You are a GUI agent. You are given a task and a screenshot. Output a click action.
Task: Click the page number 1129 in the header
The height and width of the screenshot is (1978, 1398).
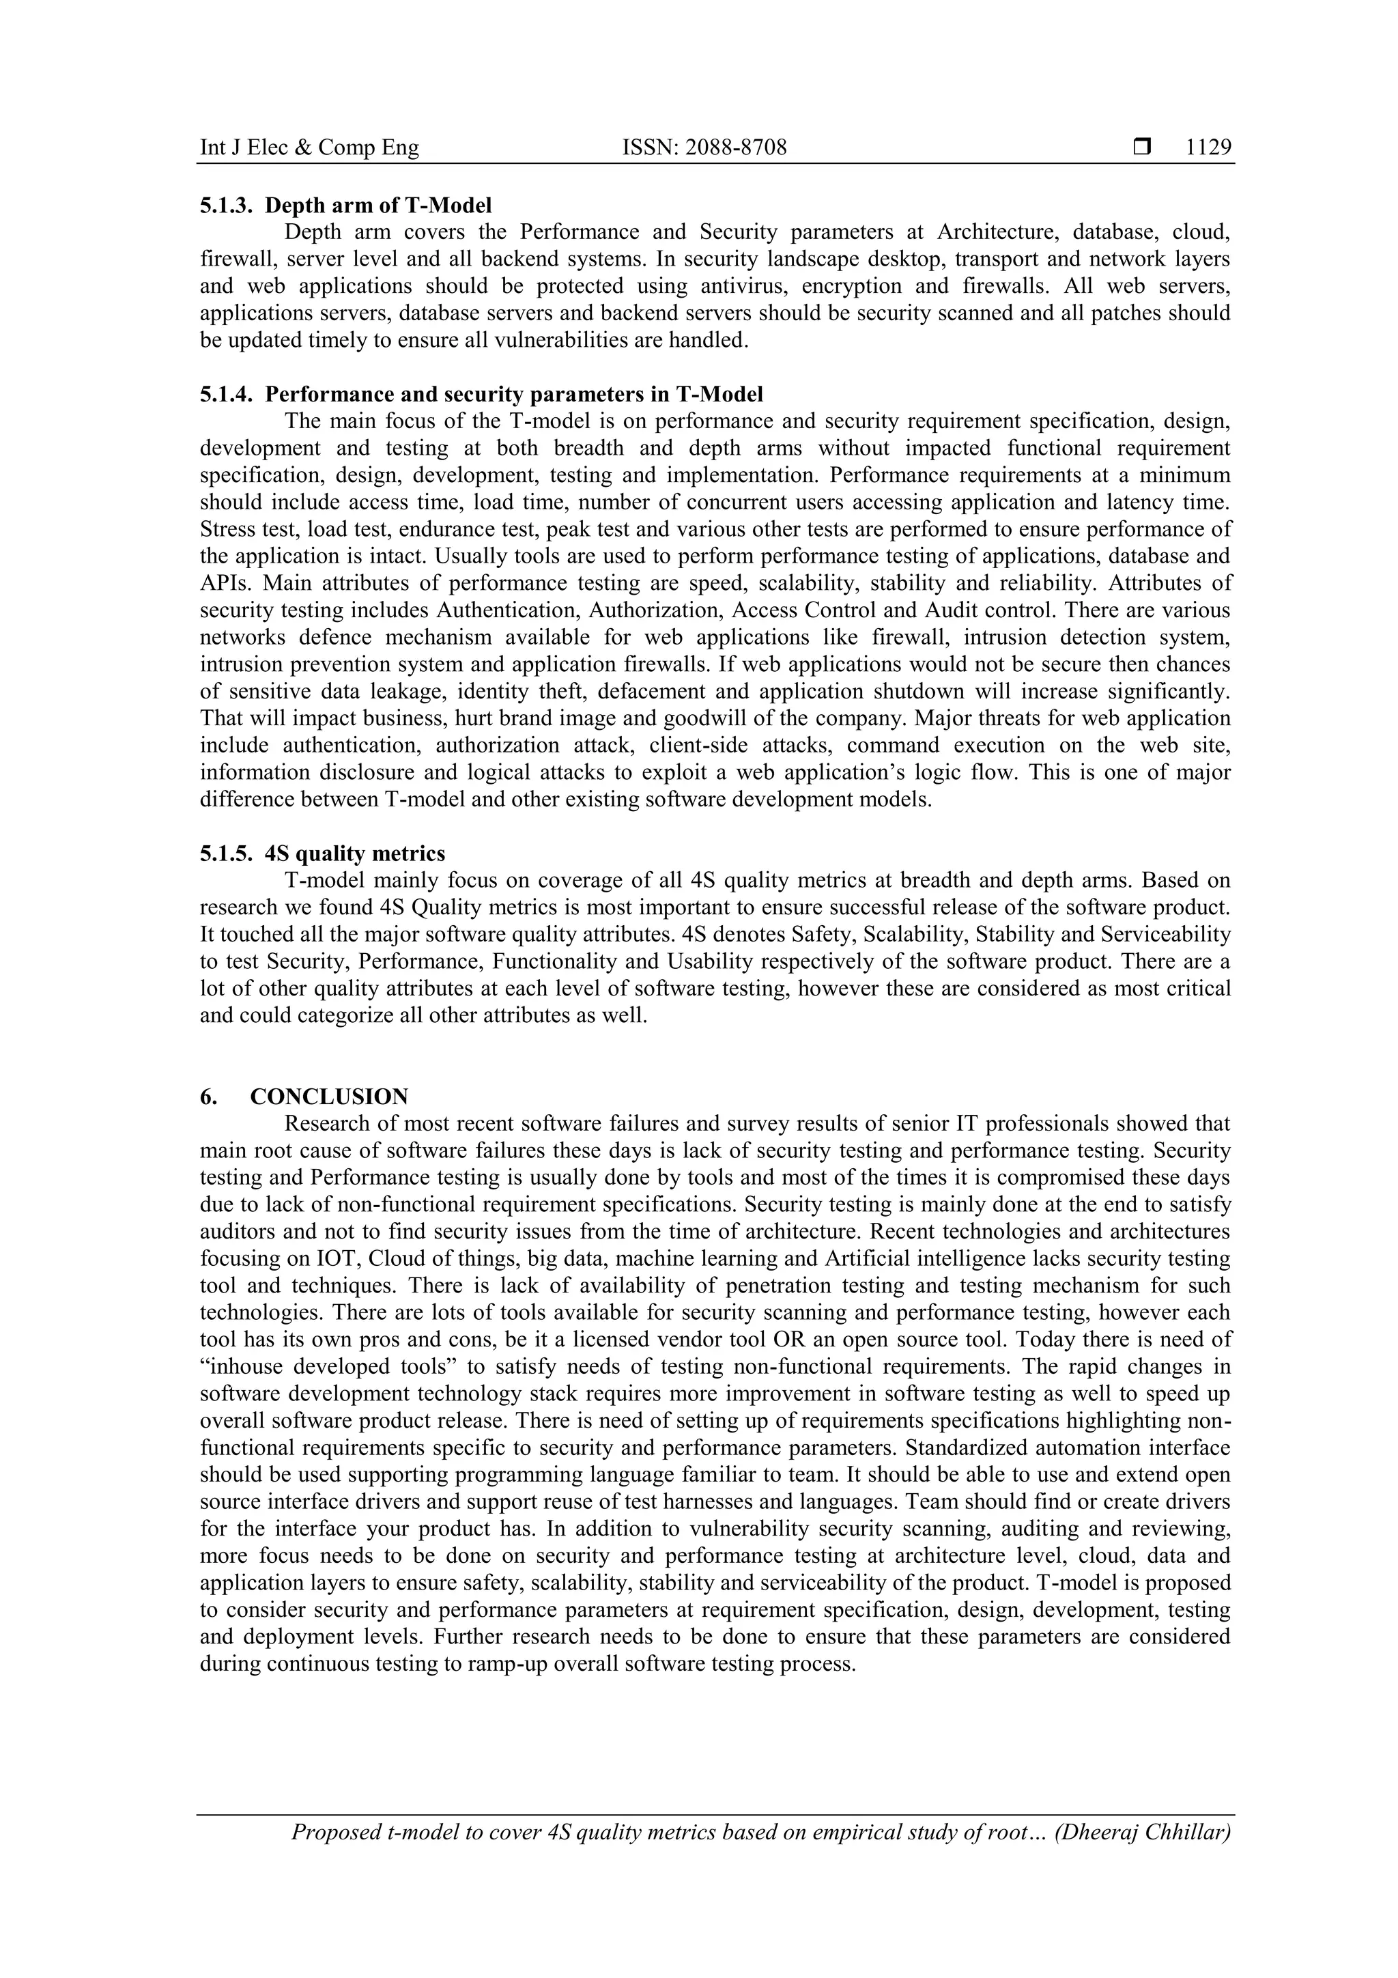click(1208, 148)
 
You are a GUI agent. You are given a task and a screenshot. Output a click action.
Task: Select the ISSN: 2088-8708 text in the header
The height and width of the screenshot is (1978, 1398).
click(704, 148)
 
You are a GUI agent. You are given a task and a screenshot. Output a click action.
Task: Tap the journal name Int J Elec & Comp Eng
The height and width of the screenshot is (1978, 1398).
click(309, 148)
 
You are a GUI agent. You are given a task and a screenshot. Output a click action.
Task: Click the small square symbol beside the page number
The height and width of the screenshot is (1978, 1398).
click(1142, 148)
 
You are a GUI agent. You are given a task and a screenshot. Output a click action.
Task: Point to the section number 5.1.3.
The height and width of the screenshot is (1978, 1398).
click(226, 206)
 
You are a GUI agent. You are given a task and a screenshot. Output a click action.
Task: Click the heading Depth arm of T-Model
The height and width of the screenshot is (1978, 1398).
click(378, 206)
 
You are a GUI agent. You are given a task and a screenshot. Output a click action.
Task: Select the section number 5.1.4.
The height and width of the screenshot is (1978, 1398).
click(226, 395)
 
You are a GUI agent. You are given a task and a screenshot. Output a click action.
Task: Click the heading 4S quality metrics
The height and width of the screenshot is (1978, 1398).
click(355, 853)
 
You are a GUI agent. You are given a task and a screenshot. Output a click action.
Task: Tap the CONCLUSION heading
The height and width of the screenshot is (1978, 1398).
click(329, 1097)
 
